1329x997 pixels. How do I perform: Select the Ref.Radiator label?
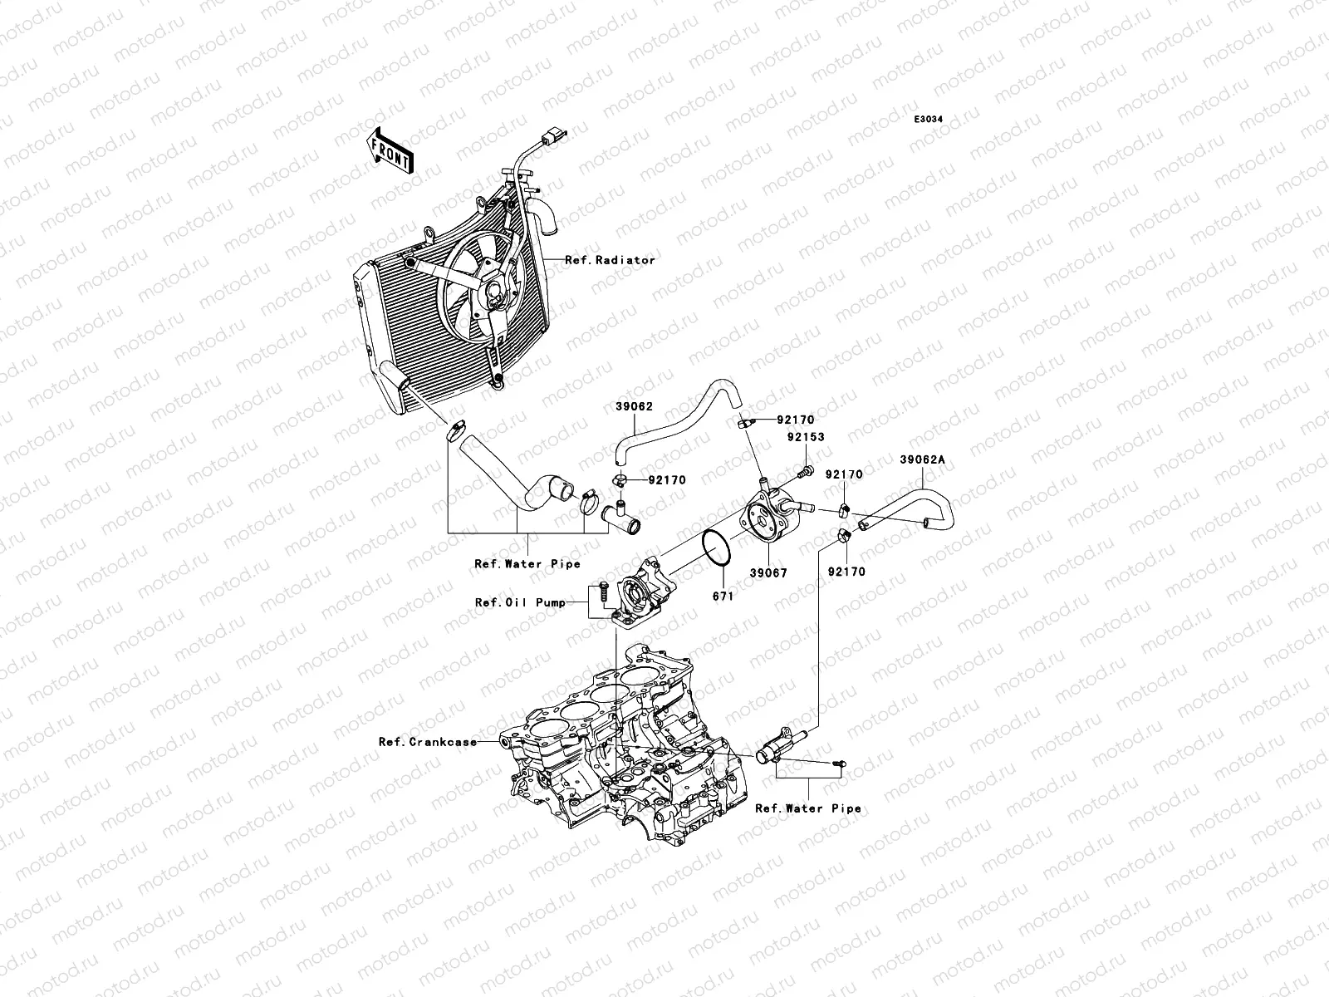[x=610, y=260]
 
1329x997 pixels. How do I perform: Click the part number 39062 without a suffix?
[x=634, y=407]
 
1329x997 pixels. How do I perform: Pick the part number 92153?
[x=806, y=437]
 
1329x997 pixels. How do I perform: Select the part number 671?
[x=723, y=596]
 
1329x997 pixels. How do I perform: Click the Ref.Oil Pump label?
[x=521, y=602]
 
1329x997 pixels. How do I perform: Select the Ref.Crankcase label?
[x=428, y=742]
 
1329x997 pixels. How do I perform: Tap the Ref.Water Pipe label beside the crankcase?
[x=808, y=808]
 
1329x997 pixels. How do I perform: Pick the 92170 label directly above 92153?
[x=796, y=421]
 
